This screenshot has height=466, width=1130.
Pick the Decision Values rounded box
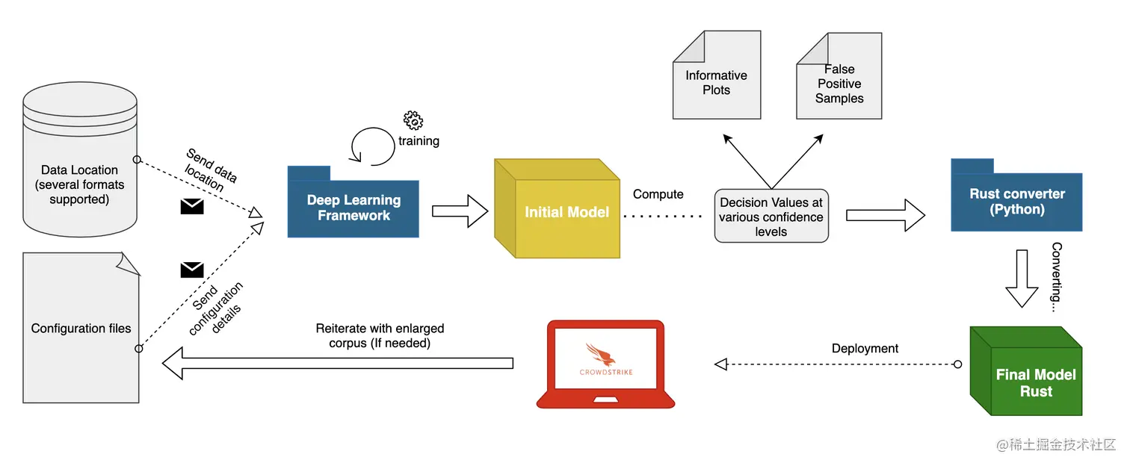pos(771,217)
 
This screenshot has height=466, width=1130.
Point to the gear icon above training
pos(413,119)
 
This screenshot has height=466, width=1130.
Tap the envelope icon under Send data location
pos(192,207)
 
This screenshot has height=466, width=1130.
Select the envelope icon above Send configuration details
pos(192,270)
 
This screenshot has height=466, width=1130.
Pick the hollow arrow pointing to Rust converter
pos(885,215)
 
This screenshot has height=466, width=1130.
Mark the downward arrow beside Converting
pos(1022,279)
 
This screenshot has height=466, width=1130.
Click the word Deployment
pos(865,349)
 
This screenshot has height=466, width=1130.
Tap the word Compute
pos(658,194)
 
